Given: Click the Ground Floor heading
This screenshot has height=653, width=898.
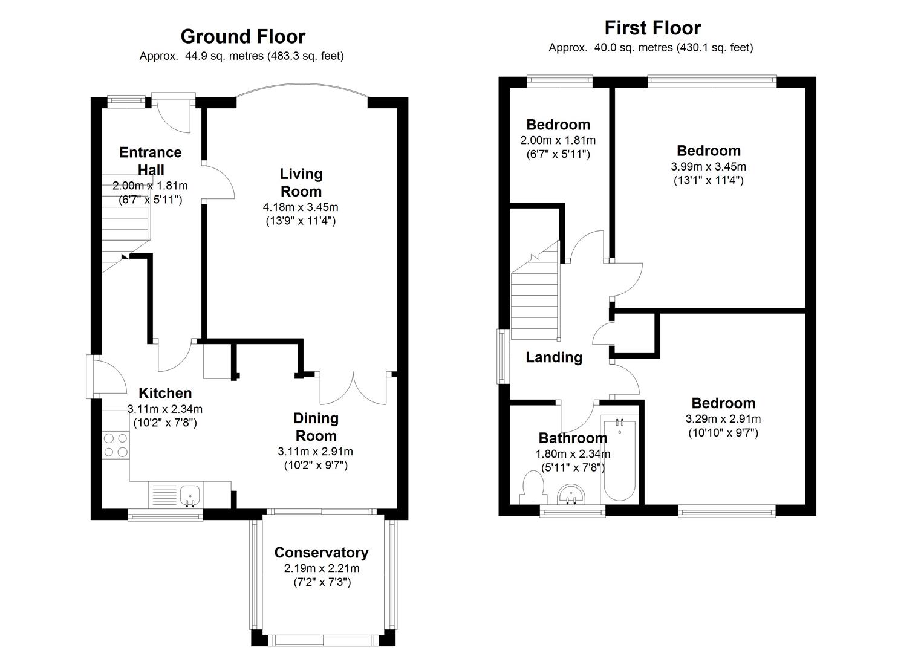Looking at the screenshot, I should (x=242, y=37).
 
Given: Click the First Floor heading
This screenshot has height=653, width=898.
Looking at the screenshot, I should (x=652, y=28).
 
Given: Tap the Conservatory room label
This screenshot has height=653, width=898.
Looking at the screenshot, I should (x=321, y=553).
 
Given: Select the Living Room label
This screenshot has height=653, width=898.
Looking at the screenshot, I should (x=301, y=183).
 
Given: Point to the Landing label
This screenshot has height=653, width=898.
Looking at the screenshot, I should (x=554, y=357).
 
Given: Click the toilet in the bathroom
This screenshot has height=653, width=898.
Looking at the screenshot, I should (x=532, y=487).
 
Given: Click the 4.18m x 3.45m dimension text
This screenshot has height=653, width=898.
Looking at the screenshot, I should (x=301, y=207).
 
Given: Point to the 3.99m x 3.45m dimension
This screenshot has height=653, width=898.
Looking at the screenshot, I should (x=708, y=167).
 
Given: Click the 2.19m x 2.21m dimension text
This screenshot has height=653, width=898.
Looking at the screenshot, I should (x=321, y=568).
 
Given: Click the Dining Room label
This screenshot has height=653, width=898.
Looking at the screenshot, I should (x=316, y=427).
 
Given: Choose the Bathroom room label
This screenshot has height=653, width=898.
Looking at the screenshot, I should (x=573, y=438).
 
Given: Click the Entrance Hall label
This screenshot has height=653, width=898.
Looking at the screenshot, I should (x=151, y=161).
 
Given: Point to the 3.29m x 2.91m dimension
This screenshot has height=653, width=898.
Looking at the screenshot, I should (x=723, y=419).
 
